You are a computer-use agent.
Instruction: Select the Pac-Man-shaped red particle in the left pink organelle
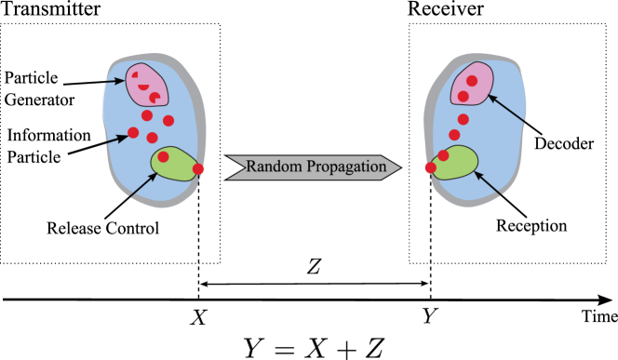point(154,99)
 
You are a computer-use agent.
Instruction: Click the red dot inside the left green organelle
point(164,157)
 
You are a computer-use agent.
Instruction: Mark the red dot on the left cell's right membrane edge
point(198,168)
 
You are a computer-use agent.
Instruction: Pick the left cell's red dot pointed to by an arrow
point(133,133)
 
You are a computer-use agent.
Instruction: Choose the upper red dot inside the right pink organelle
point(472,81)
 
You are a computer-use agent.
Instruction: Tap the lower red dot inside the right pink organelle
point(463,97)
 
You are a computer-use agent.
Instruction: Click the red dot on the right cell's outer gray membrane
point(430,168)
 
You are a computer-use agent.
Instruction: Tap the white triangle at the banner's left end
point(230,167)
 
